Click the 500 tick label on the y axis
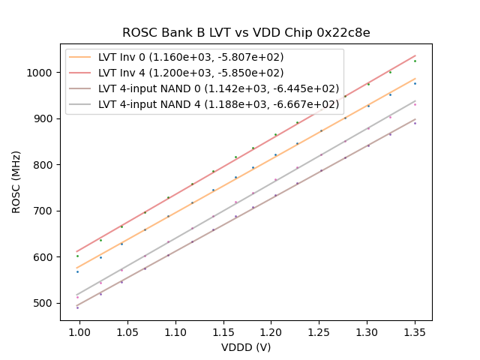[x=46, y=303]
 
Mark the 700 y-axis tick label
[x=46, y=211]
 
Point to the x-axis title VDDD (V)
[x=246, y=347]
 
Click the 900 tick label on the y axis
[x=46, y=118]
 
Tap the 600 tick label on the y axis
[x=46, y=257]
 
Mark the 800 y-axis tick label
[x=46, y=165]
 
